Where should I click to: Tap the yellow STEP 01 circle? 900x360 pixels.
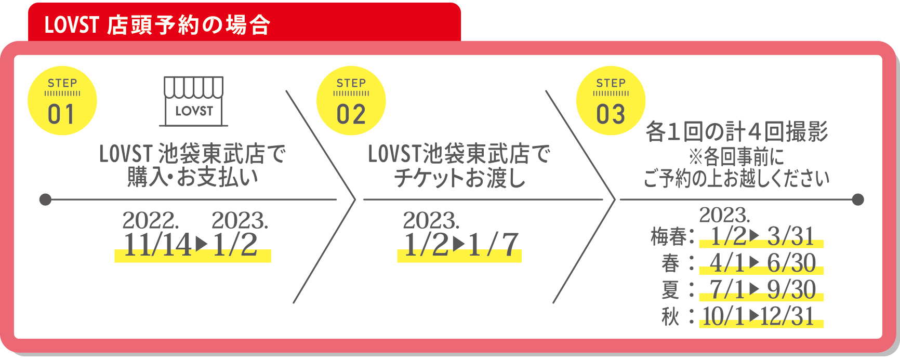click(x=62, y=101)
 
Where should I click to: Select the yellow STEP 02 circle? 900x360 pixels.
click(x=351, y=101)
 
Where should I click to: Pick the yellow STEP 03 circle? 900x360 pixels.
click(x=611, y=101)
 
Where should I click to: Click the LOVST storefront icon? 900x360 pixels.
click(x=194, y=101)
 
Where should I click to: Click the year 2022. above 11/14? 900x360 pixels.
click(x=151, y=221)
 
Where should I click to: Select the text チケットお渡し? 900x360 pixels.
click(x=459, y=178)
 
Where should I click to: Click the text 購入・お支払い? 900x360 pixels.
click(x=193, y=177)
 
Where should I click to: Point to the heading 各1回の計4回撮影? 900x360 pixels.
click(x=737, y=131)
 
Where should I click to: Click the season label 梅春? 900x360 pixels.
click(x=669, y=237)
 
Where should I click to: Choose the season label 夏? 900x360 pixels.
click(x=670, y=290)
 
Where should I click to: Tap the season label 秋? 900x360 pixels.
click(x=670, y=316)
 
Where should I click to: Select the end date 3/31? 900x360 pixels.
click(x=790, y=236)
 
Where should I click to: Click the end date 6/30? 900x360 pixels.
click(x=791, y=263)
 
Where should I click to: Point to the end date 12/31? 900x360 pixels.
click(x=787, y=316)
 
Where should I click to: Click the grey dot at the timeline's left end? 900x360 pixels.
click(x=46, y=199)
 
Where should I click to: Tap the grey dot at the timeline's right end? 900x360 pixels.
click(x=858, y=199)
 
